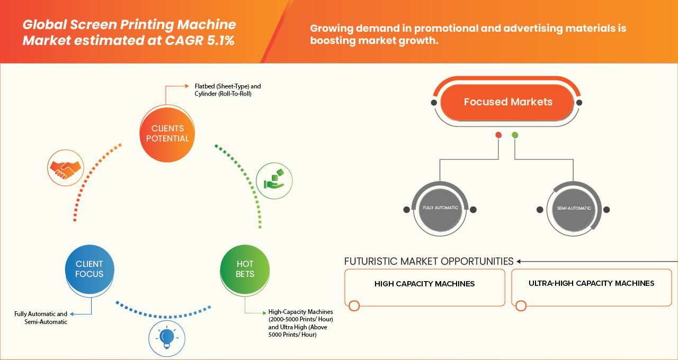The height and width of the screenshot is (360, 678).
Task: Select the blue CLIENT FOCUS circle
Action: click(90, 268)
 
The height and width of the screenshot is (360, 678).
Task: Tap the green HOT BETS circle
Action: click(245, 268)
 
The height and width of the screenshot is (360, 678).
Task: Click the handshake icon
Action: click(65, 167)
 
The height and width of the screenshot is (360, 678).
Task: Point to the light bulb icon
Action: click(167, 337)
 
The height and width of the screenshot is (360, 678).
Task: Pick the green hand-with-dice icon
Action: click(274, 180)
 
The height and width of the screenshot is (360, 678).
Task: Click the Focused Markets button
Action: click(507, 102)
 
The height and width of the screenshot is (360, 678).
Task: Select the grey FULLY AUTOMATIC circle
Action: click(440, 209)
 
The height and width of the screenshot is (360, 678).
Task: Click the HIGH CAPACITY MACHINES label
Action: click(424, 284)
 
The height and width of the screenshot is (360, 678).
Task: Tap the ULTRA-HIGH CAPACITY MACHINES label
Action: click(591, 283)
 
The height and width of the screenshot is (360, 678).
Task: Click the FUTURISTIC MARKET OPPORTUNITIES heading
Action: click(429, 261)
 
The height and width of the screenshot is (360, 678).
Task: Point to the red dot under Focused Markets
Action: click(498, 135)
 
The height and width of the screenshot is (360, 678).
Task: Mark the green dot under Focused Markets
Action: click(515, 135)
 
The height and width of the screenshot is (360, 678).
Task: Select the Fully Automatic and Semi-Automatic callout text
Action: click(41, 318)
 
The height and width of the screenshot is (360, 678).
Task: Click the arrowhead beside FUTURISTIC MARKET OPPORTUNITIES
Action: click(519, 261)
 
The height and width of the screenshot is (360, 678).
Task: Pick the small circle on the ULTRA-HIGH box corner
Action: click(521, 305)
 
